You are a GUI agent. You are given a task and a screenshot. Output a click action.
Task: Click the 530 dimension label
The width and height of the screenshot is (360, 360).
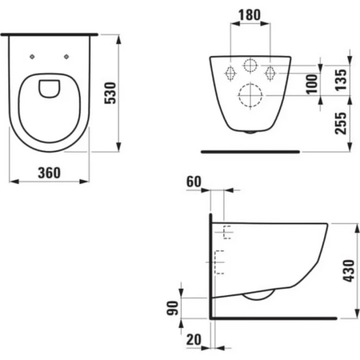(x=110, y=94)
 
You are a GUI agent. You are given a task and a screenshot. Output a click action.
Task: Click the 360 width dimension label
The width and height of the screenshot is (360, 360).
(x=49, y=173)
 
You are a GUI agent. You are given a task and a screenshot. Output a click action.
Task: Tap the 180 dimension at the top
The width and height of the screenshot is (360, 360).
(x=249, y=15)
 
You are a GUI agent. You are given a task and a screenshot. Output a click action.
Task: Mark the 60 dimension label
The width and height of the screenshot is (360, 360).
(x=193, y=181)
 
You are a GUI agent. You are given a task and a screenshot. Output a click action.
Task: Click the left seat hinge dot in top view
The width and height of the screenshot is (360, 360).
(x=32, y=57)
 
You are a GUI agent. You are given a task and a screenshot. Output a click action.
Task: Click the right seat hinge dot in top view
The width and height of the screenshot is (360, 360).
(x=66, y=57)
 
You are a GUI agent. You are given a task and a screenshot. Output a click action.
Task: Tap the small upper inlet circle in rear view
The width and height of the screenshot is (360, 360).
(x=250, y=66)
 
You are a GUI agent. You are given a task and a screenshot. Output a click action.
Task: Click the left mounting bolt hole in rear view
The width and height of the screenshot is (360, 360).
(x=231, y=73)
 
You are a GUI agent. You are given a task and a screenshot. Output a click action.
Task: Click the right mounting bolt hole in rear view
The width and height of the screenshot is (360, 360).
(x=270, y=73)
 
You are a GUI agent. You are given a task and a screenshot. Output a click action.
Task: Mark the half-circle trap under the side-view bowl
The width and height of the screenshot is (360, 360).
(x=258, y=295)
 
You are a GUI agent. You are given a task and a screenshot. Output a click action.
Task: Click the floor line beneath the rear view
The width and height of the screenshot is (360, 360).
(x=250, y=151)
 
